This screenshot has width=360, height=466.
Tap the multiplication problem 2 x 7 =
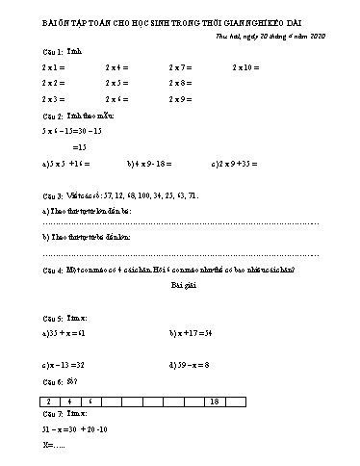pyautogui.click(x=182, y=67)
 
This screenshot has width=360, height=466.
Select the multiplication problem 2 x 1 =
pyautogui.click(x=53, y=67)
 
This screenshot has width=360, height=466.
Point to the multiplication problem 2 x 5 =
pyautogui.click(x=117, y=84)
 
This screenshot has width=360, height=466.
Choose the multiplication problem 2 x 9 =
pyautogui.click(x=182, y=99)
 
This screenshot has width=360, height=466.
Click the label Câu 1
pyautogui.click(x=52, y=50)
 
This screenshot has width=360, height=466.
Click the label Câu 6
pyautogui.click(x=52, y=382)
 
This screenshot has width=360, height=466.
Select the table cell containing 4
pyautogui.click(x=69, y=401)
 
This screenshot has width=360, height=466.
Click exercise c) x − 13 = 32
pyautogui.click(x=64, y=366)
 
